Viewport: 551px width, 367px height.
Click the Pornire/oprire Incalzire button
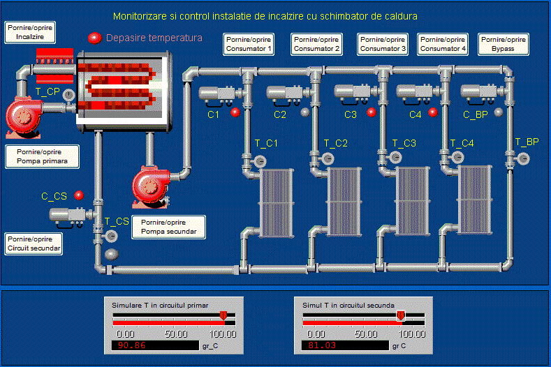coord(30,32)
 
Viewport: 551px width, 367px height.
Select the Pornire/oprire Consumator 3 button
coord(382,44)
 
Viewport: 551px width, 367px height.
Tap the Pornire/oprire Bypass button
coord(504,44)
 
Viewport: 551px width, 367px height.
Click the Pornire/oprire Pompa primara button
coord(41,157)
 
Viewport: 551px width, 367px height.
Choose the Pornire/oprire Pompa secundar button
coord(169,226)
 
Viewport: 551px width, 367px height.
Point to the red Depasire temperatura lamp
coord(94,38)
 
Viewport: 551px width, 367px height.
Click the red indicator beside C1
coord(235,112)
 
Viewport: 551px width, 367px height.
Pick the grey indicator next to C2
coord(304,112)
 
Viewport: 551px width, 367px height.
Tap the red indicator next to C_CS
coord(79,195)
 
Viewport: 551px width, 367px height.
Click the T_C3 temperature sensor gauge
coord(397,159)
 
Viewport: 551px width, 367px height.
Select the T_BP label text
coord(527,142)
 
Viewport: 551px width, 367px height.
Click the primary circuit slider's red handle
coord(223,316)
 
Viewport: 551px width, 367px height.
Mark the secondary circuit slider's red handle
coord(401,316)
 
